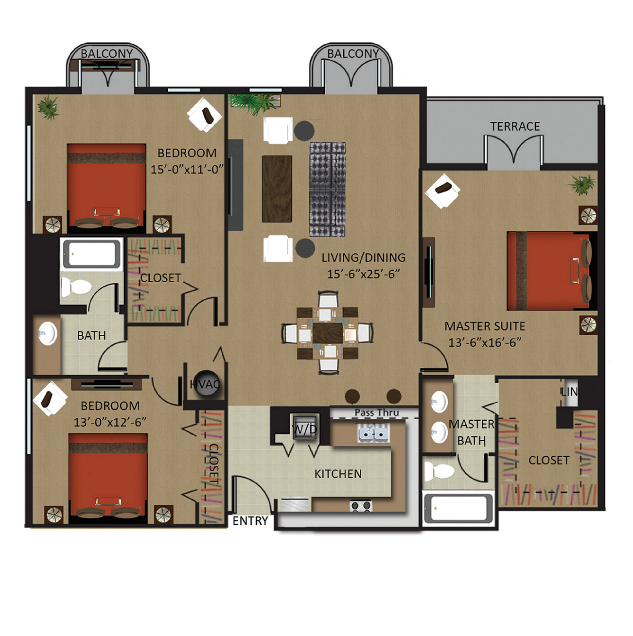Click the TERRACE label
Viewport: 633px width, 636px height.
[514, 126]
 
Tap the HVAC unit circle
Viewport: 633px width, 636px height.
[206, 383]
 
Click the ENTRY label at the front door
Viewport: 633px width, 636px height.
[250, 521]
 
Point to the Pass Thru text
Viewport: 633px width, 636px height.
[377, 412]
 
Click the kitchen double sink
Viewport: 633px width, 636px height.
[373, 433]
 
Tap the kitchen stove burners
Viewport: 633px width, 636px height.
[361, 505]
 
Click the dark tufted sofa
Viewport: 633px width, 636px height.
[327, 189]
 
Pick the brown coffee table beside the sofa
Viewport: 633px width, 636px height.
[277, 189]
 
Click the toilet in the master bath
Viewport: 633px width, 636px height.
[439, 471]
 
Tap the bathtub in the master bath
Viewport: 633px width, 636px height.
[458, 508]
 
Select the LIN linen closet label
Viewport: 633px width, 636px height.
[569, 392]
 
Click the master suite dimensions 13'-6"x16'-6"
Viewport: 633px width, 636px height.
[485, 343]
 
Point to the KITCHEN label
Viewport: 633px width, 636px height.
[338, 474]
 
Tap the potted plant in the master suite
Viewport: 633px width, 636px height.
[583, 185]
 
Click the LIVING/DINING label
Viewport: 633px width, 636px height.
[363, 258]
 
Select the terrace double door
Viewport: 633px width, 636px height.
[514, 151]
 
